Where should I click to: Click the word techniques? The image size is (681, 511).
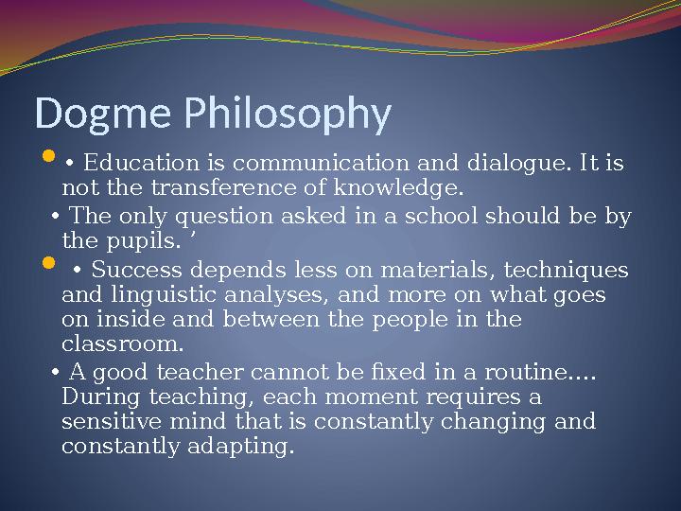573,272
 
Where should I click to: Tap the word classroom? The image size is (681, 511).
121,344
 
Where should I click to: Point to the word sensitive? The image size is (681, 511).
106,420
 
